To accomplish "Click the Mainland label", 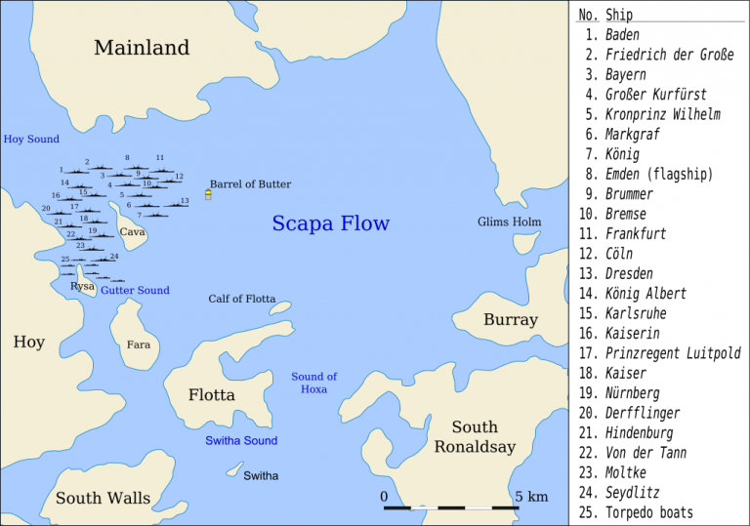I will coord(142,47).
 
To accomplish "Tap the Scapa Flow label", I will coord(330,223).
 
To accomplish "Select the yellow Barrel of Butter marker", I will coord(208,195).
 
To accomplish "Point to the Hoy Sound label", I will coord(31,140).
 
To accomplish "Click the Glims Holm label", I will coord(509,222).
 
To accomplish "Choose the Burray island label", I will coord(510,320).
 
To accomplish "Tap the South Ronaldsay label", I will coord(474,436).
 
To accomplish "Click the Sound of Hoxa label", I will coord(313,383).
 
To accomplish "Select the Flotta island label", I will coord(212,395).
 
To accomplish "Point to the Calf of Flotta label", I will coord(241,299).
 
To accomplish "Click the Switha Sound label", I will coord(241,440).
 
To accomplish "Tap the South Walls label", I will coord(103,498).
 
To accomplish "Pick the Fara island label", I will coord(138,344).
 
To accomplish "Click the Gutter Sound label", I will coord(135,290).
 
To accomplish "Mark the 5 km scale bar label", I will coord(531,497).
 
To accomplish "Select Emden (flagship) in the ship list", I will coord(658,174).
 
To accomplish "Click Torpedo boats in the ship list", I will coord(648,512).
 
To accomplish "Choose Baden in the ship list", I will coord(622,35).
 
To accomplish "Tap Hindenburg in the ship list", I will coord(639,432).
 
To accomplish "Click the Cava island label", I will coord(132,232).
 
